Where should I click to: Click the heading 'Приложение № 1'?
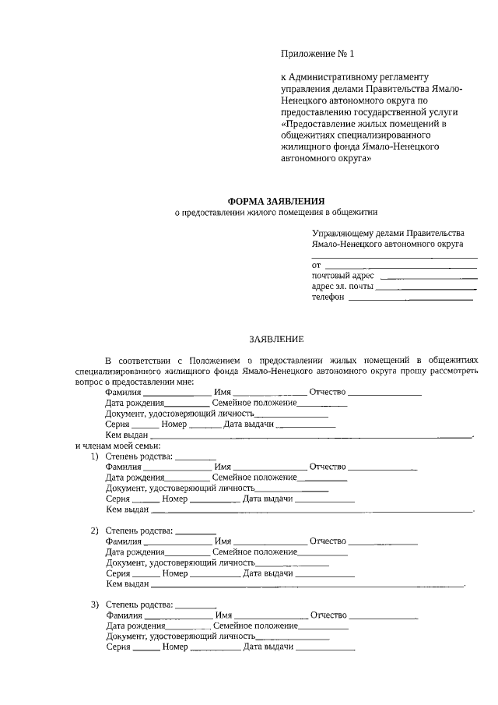click(317, 54)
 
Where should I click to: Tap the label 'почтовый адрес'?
click(342, 276)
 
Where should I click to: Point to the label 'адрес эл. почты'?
click(342, 287)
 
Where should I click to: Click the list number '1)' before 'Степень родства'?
click(95, 456)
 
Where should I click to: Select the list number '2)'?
click(95, 531)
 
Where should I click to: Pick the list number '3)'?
click(95, 605)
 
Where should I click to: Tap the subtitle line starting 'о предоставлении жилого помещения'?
click(275, 212)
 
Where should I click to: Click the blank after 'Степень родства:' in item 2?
click(196, 531)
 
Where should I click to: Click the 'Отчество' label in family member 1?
click(328, 467)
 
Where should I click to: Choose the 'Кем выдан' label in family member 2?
click(127, 583)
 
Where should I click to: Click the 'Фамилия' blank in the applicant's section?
click(178, 393)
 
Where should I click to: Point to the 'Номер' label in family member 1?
click(176, 499)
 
